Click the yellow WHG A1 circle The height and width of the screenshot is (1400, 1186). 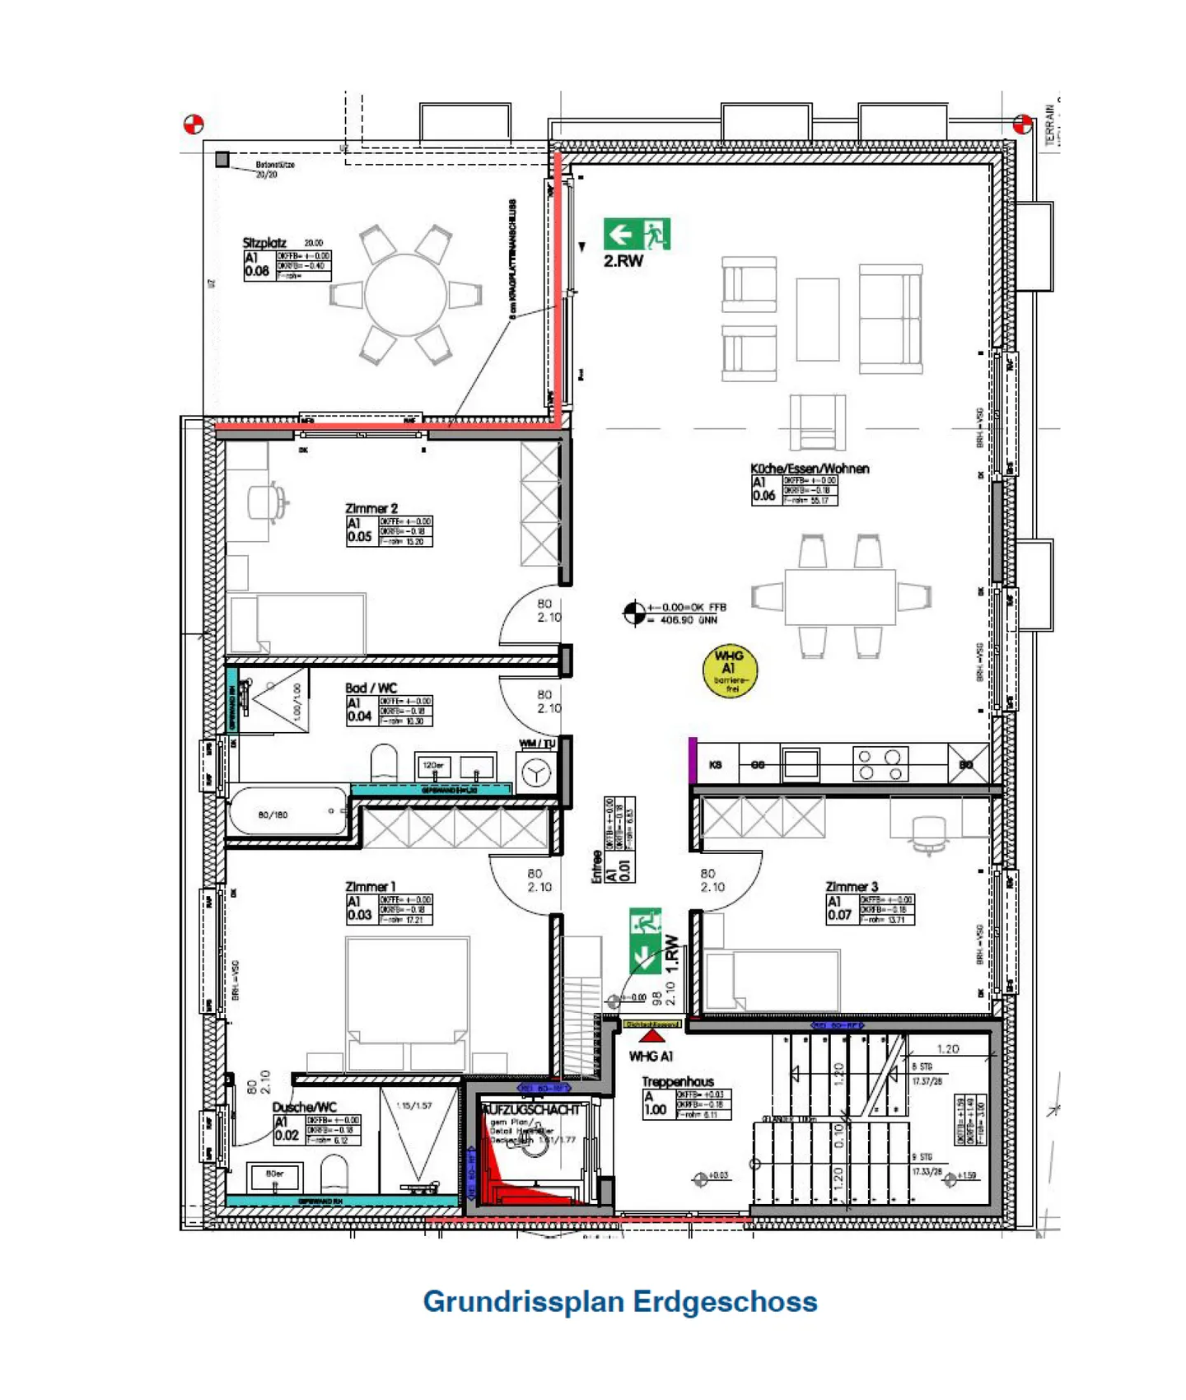click(x=730, y=670)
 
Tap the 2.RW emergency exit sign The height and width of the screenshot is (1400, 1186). click(x=637, y=234)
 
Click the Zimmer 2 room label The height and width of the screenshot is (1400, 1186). click(x=371, y=508)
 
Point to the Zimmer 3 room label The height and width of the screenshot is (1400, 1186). click(x=852, y=886)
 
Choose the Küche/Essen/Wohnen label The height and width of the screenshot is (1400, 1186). click(x=810, y=468)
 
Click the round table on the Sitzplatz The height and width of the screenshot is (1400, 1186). click(x=406, y=295)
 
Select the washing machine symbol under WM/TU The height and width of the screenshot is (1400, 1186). click(x=536, y=773)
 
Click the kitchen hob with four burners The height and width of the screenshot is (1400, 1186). click(x=880, y=764)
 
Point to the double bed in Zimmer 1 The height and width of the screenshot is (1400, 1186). click(x=408, y=1001)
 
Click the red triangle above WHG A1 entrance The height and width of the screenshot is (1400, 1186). click(x=652, y=1036)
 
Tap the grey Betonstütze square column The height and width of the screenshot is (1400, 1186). click(x=222, y=160)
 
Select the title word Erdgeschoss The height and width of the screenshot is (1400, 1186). click(x=726, y=1301)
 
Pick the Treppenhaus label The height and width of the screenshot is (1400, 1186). click(x=677, y=1080)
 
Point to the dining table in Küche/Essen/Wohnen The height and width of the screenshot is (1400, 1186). click(x=839, y=596)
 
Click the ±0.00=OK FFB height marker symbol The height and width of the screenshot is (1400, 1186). click(x=634, y=613)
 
